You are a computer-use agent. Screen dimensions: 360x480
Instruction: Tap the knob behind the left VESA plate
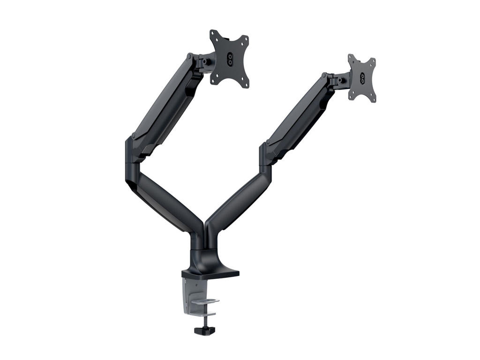tap(205, 61)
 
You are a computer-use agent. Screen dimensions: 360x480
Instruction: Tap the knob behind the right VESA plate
tap(338, 80)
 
